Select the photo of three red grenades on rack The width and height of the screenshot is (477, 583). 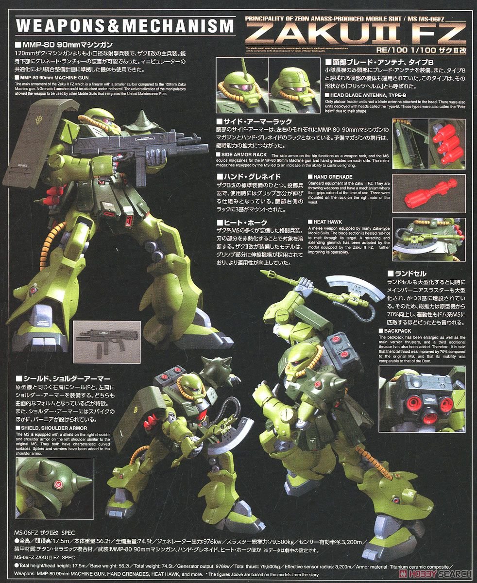(x=447, y=142)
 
